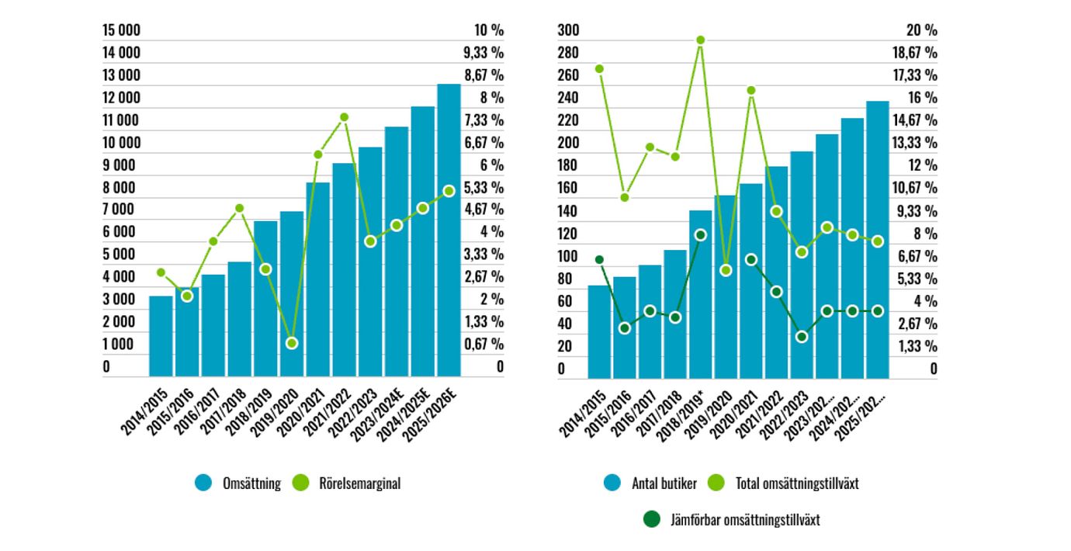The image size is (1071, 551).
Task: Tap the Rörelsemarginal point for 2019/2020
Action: [x=292, y=343]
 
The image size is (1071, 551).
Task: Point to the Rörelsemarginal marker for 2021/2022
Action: [x=344, y=117]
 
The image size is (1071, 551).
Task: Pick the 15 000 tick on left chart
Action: [x=122, y=30]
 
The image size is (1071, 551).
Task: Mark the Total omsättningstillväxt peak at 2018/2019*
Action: [x=700, y=40]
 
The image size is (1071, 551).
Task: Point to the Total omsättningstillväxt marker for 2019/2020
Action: [x=726, y=270]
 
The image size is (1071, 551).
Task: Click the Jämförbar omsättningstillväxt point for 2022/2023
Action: [x=802, y=337]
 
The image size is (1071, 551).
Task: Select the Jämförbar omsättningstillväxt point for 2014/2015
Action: [x=599, y=259]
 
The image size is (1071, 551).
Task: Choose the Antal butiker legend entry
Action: [x=650, y=483]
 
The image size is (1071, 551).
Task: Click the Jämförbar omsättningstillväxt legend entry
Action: [x=733, y=520]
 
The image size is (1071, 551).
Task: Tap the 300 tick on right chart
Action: [x=569, y=30]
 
